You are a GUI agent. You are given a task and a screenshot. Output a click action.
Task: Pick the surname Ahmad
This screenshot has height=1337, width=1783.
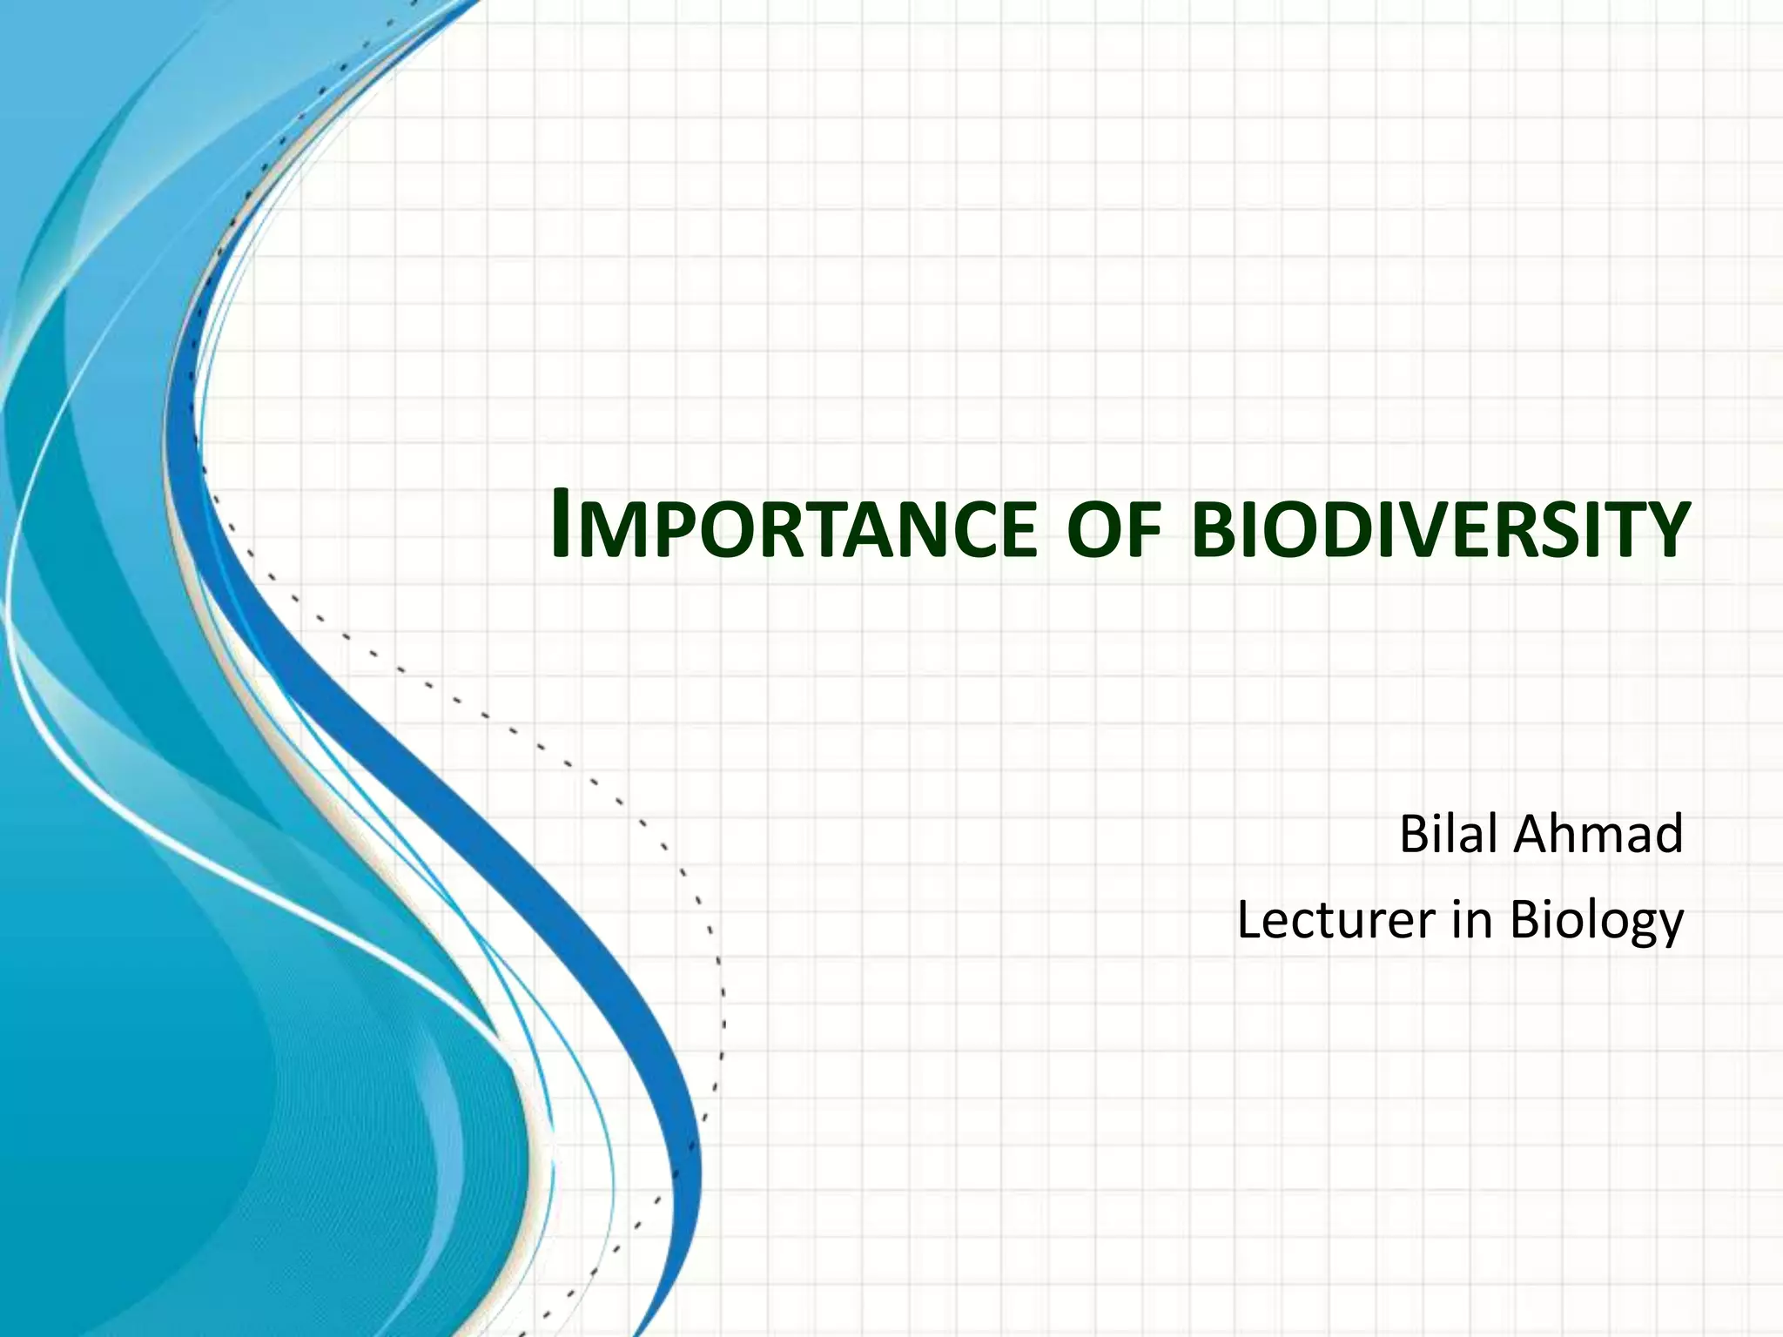(x=1598, y=834)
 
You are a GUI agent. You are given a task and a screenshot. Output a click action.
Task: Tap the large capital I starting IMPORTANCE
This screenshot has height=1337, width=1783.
(x=562, y=525)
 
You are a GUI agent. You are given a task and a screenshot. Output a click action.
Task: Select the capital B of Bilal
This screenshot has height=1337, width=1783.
(x=1414, y=834)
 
